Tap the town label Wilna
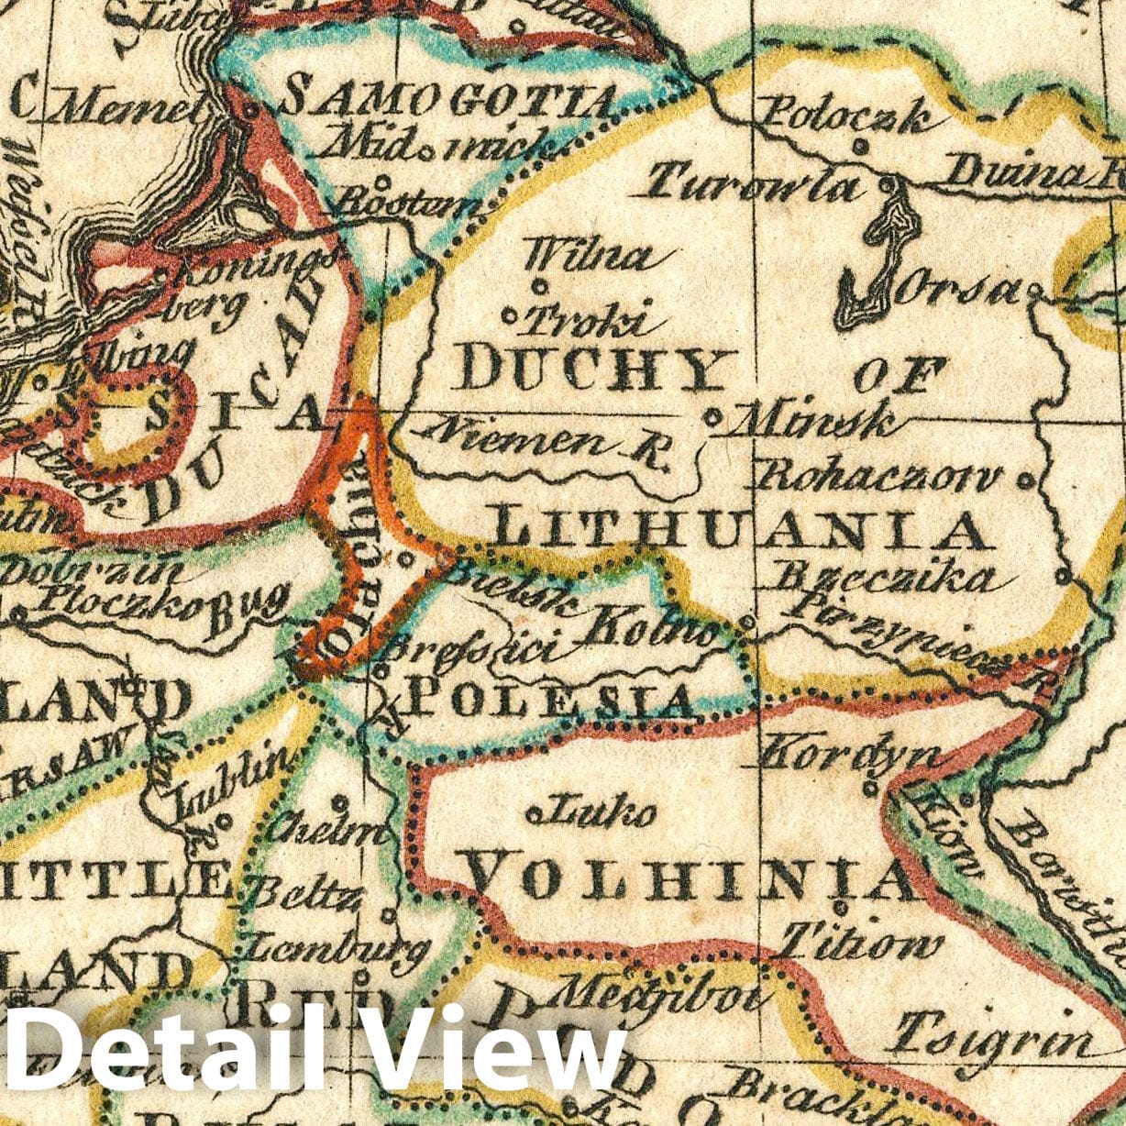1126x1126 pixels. (592, 255)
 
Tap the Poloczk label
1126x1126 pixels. (846, 116)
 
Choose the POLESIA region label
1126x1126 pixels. (548, 701)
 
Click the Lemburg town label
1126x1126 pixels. (339, 944)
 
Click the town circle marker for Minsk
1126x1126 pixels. (714, 417)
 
